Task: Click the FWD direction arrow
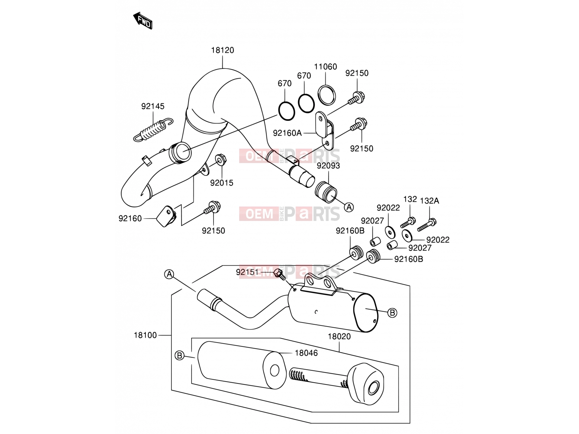click(143, 21)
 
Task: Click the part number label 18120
click(222, 50)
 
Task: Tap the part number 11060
click(325, 67)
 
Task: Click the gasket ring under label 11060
click(326, 95)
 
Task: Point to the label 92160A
click(287, 133)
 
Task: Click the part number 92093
click(328, 166)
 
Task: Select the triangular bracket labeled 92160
click(166, 216)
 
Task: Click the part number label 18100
click(145, 335)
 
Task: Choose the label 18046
click(306, 353)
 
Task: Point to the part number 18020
click(339, 336)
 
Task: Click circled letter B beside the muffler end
click(392, 313)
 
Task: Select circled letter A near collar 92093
click(349, 207)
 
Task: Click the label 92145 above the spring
click(153, 106)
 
